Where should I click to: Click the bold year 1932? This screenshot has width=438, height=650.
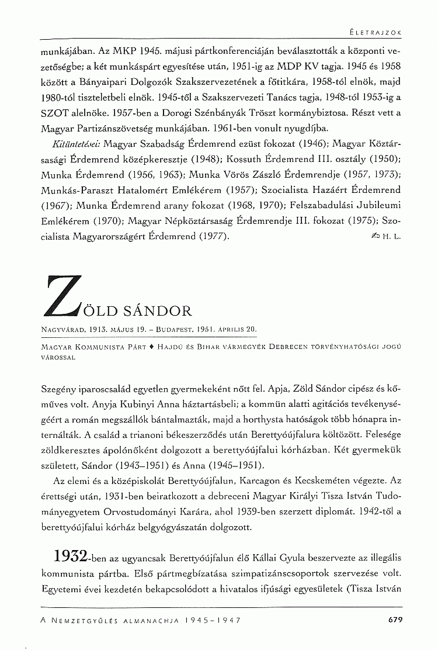[x=71, y=554]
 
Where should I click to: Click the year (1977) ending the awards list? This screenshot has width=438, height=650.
[x=213, y=237]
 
